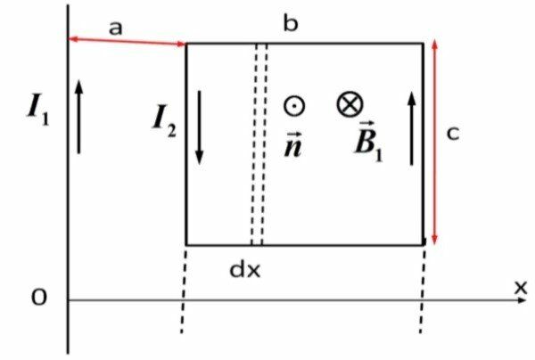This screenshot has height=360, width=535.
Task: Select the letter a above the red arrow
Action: pyautogui.click(x=115, y=28)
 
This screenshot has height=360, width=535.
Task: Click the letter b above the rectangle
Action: pyautogui.click(x=291, y=24)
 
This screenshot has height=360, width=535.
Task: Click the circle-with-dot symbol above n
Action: pyautogui.click(x=292, y=105)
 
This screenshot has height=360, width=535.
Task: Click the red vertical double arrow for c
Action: pyautogui.click(x=434, y=143)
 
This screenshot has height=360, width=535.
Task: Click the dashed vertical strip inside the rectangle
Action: pyautogui.click(x=259, y=143)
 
